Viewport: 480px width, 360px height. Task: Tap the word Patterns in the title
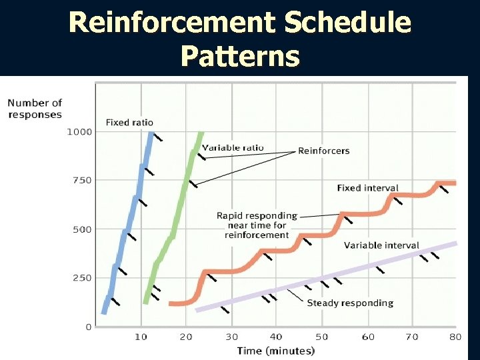(x=240, y=57)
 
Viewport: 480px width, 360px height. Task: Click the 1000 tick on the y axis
(x=79, y=131)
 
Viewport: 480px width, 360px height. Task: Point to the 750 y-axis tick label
(x=81, y=180)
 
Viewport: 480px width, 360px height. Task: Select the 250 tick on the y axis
(x=81, y=278)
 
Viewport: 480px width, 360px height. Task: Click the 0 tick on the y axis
(x=88, y=327)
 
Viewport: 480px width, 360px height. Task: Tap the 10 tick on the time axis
(x=141, y=337)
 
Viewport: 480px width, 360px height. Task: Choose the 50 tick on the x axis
(x=321, y=337)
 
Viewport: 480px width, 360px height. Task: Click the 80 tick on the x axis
(x=455, y=337)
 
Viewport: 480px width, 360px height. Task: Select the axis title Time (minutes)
(x=276, y=351)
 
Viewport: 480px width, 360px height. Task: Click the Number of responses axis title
(x=35, y=108)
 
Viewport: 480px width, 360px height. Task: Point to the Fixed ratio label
(x=129, y=122)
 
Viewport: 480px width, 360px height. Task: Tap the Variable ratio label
(x=233, y=147)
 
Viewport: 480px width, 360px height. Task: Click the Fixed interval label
(x=367, y=188)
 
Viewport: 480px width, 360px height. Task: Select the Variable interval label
(x=381, y=245)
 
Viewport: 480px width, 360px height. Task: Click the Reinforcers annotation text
(x=323, y=151)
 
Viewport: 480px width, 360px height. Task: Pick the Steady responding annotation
(x=350, y=303)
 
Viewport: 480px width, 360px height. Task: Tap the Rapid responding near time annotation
(x=257, y=225)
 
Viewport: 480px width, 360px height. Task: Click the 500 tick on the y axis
(x=81, y=229)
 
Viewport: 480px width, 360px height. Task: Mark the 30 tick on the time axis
(x=231, y=337)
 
